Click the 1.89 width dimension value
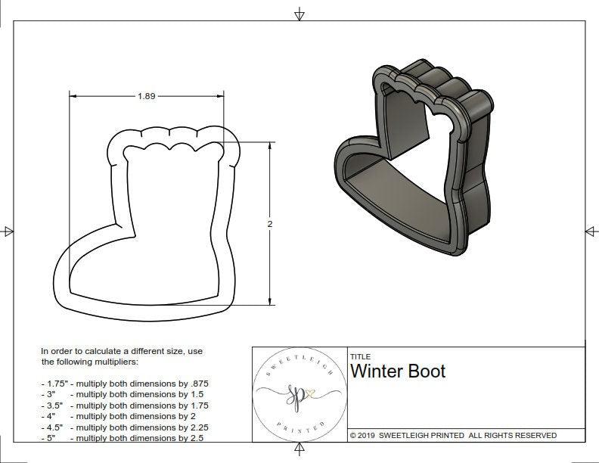tap(147, 96)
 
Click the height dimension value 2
tap(270, 224)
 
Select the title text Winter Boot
tap(398, 371)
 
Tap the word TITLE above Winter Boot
tap(360, 356)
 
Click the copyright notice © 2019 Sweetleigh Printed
tap(453, 435)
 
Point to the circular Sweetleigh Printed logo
tap(299, 394)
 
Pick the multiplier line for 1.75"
tap(125, 384)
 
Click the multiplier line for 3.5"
tap(125, 406)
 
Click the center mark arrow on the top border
tap(299, 14)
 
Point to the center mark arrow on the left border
tap(8, 231)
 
